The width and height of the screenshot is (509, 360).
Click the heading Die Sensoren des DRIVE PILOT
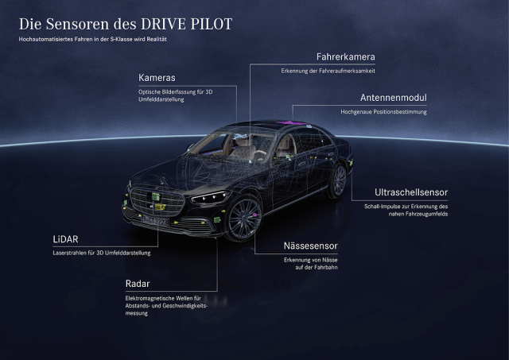pyautogui.click(x=126, y=24)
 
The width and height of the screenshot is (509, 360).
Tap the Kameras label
pyautogui.click(x=157, y=78)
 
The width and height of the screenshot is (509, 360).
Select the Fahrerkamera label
pyautogui.click(x=346, y=57)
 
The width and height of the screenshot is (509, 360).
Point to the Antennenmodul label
pyautogui.click(x=394, y=98)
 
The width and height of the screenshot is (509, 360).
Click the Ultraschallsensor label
pyautogui.click(x=411, y=192)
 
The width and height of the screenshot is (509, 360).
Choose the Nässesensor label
pyautogui.click(x=311, y=246)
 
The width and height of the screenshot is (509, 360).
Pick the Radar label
pyautogui.click(x=138, y=284)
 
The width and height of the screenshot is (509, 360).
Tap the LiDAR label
pyautogui.click(x=65, y=239)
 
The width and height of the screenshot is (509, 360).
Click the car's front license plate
pyautogui.click(x=155, y=221)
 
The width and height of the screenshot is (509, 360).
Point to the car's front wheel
pyautogui.click(x=244, y=219)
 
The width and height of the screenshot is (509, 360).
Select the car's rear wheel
pyautogui.click(x=339, y=180)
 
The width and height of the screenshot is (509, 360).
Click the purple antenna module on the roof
pyautogui.click(x=291, y=122)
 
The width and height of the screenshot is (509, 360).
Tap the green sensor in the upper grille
pyautogui.click(x=156, y=196)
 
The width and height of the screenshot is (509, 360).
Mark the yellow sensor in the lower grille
pyautogui.click(x=160, y=207)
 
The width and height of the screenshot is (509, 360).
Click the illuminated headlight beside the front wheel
pyautogui.click(x=211, y=197)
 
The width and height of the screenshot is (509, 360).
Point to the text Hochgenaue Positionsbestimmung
pyautogui.click(x=383, y=112)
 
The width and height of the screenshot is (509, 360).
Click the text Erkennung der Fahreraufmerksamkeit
pyautogui.click(x=328, y=71)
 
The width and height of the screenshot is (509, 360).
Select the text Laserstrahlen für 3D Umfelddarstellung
pyautogui.click(x=102, y=253)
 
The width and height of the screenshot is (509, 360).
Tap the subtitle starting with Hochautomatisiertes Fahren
pyautogui.click(x=93, y=39)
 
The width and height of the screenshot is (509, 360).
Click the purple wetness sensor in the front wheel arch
pyautogui.click(x=254, y=215)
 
